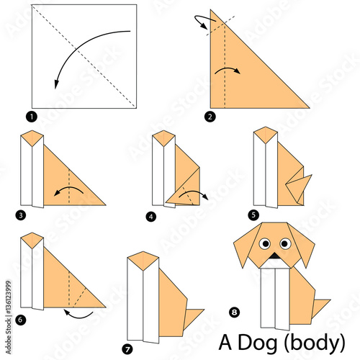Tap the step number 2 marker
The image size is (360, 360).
pyautogui.click(x=210, y=114)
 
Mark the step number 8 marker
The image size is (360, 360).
pyautogui.click(x=233, y=311)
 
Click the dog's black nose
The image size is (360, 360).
pyautogui.click(x=275, y=256)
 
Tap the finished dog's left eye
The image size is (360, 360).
pyautogui.click(x=265, y=243)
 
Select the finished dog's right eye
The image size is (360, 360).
pyautogui.click(x=285, y=243)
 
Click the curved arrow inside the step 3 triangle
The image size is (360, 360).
pyautogui.click(x=68, y=189)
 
